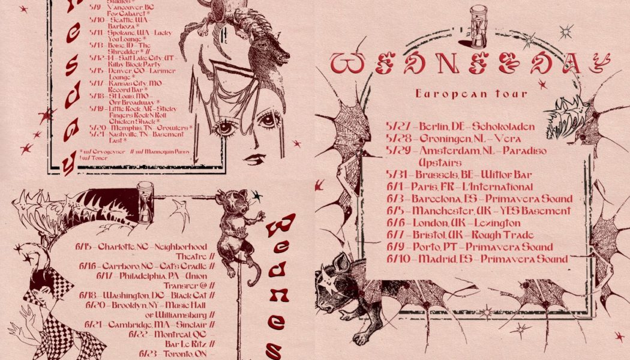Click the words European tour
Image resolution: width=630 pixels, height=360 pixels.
coord(471,94)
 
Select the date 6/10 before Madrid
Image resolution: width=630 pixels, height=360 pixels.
coord(397,259)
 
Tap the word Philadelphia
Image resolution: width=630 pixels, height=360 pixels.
coord(133,276)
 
